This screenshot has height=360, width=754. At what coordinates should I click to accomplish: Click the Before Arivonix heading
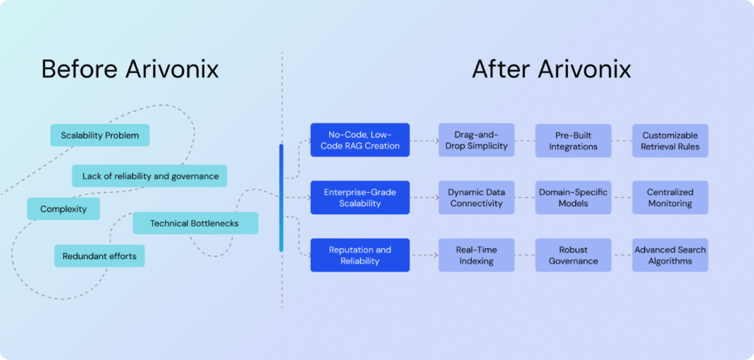(x=130, y=69)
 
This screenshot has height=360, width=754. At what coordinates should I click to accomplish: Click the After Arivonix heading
(x=552, y=69)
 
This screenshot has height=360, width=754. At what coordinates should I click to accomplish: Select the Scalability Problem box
(x=99, y=135)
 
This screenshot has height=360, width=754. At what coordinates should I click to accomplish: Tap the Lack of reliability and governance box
(x=149, y=176)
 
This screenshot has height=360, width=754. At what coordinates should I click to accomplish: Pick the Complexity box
(x=63, y=209)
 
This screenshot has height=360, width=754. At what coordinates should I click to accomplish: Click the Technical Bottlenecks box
(x=195, y=223)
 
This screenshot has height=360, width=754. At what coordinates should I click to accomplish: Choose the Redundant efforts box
(x=99, y=256)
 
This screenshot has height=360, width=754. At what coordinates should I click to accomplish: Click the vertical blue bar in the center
(x=281, y=197)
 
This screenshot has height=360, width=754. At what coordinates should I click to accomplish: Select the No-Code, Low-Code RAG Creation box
(x=359, y=141)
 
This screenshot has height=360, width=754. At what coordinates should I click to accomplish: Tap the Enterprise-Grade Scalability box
(x=359, y=197)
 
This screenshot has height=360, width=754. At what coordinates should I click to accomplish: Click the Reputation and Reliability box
(x=359, y=255)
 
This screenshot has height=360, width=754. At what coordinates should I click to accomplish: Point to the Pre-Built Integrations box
(x=573, y=141)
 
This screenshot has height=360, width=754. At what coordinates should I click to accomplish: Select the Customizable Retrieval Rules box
(x=670, y=141)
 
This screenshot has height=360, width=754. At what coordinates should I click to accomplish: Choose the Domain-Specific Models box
(x=573, y=197)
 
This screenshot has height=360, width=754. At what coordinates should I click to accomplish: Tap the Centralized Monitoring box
(x=670, y=197)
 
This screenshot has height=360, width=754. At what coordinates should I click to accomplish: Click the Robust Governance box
(x=573, y=255)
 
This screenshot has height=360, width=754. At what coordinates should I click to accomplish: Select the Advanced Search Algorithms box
(x=670, y=255)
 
